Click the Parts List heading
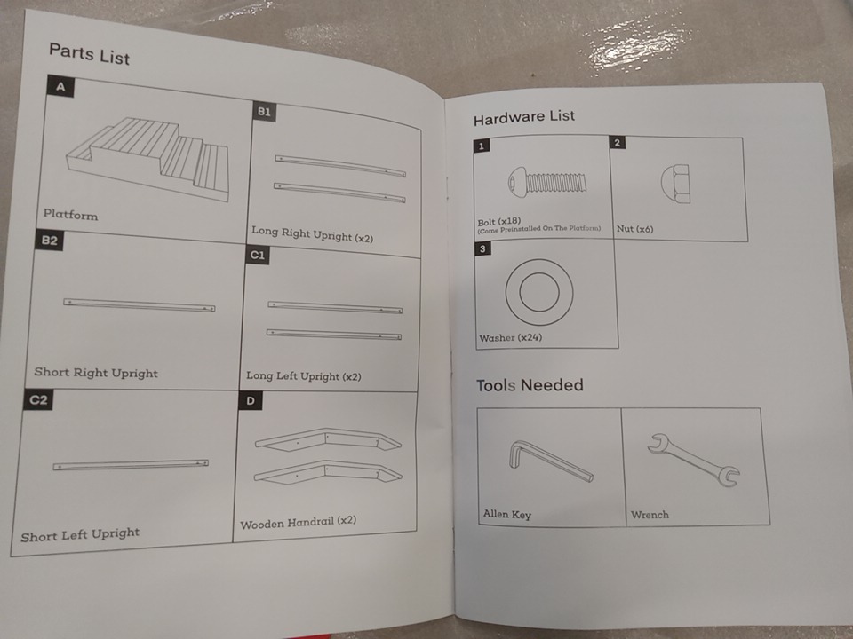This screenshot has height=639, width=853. tap(89, 54)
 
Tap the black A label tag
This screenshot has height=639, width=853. tap(60, 86)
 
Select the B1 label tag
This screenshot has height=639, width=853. tap(264, 112)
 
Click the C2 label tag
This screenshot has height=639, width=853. tap(38, 400)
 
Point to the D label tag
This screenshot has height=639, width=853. tap(251, 401)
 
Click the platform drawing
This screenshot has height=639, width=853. tap(147, 157)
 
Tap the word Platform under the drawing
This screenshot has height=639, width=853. tap(71, 215)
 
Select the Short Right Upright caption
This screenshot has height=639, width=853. tap(96, 373)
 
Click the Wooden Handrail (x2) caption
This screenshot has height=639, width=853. tap(299, 523)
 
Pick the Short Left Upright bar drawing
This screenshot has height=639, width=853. tap(131, 465)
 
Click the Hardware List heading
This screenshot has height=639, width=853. tap(524, 117)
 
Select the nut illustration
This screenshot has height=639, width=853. tap(675, 185)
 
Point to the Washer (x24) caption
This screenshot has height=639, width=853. tap(510, 337)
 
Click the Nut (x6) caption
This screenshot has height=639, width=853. tap(634, 229)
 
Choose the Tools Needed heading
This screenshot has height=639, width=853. tap(530, 385)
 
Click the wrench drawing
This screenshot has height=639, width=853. tap(693, 459)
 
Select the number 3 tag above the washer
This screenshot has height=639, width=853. tap(482, 248)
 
